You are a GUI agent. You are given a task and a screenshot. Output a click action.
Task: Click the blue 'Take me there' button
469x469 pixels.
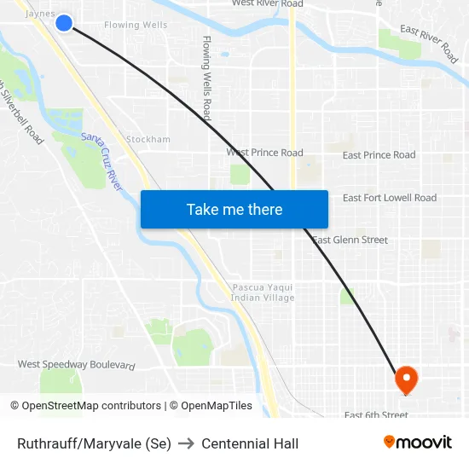[234, 209]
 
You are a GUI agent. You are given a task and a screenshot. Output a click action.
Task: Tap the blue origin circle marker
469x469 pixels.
[64, 23]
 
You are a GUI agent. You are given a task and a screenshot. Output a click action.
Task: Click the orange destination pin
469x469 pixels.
[406, 379]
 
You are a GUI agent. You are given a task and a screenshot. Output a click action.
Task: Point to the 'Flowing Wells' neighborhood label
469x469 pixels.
[136, 26]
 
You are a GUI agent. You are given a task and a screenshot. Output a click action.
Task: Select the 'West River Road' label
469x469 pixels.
[267, 4]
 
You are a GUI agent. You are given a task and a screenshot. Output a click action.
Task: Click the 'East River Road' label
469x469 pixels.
[429, 43]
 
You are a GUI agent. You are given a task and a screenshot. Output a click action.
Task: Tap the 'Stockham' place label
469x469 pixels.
[148, 139]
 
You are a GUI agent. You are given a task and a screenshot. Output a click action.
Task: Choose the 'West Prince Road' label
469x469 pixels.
[264, 153]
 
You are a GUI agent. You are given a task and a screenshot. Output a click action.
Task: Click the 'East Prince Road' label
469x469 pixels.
[379, 155]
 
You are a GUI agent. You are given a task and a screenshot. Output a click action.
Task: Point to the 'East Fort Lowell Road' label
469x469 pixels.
[389, 198]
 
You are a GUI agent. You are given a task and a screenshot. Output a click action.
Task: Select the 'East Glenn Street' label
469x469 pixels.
[350, 240]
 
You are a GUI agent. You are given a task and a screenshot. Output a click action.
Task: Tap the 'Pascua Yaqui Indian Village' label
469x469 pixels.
[263, 292]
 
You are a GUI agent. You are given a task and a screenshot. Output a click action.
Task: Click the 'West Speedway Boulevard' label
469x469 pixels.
[77, 365]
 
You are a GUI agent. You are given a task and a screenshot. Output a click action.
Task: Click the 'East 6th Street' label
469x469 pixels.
[376, 415]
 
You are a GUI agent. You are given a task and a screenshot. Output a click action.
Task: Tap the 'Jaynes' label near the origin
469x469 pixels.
[40, 14]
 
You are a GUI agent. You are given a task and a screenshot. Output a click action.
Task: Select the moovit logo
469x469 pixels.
[418, 443]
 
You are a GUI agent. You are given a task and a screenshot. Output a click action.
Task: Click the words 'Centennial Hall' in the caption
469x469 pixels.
[250, 443]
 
